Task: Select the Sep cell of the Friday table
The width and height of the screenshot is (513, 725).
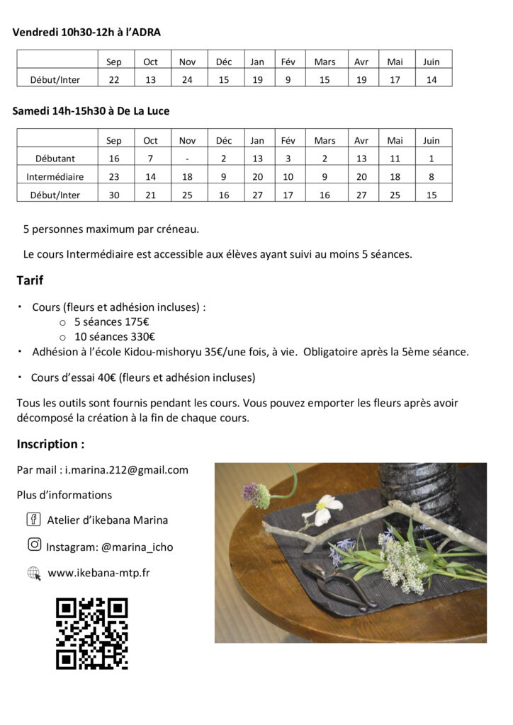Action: point(114,62)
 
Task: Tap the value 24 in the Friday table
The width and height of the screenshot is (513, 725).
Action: point(187,80)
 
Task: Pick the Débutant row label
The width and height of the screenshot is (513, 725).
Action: point(55,159)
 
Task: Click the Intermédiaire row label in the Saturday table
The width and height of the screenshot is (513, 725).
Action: point(55,177)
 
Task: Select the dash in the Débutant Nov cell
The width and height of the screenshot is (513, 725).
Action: point(187,159)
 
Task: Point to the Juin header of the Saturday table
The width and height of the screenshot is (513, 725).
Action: point(431,140)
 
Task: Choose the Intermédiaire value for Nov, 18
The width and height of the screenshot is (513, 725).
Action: point(187,177)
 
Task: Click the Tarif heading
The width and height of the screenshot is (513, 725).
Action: point(30,281)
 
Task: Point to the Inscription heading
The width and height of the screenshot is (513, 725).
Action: point(50,444)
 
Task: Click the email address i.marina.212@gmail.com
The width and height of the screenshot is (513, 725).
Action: point(126,469)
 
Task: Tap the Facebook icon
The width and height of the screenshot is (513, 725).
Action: point(33,520)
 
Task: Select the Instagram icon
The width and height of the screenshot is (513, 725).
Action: point(33,544)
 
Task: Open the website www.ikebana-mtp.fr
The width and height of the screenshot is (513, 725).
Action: point(98,572)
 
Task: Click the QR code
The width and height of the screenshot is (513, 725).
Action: point(92,634)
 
